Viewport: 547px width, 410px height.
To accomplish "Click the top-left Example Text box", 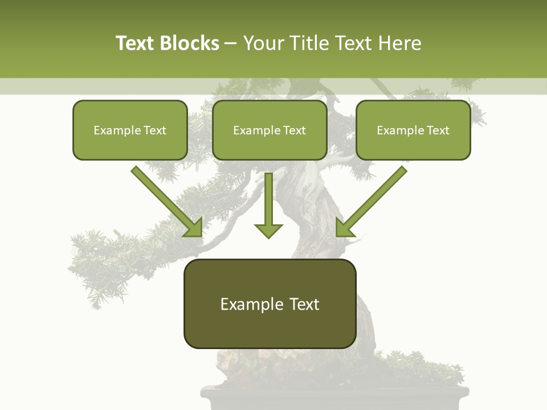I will [130, 130].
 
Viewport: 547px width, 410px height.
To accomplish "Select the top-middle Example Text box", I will [270, 130].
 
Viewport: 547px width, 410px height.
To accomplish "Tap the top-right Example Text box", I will [413, 130].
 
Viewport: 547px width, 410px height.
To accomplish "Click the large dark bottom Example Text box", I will [270, 304].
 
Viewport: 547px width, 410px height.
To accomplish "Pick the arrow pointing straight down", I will [268, 205].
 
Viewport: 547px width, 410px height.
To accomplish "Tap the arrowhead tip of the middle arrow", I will [268, 236].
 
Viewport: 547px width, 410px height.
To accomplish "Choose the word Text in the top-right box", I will [438, 130].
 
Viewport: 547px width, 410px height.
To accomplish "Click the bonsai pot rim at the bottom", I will [335, 392].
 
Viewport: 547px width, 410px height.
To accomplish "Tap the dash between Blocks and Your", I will [231, 43].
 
